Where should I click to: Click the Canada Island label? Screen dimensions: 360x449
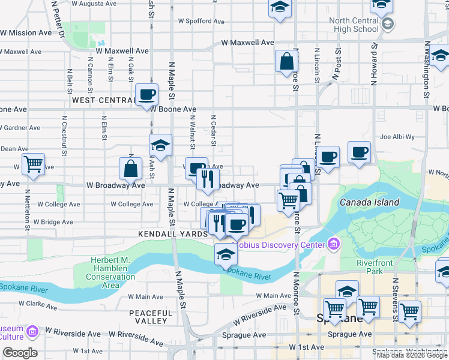[369, 202]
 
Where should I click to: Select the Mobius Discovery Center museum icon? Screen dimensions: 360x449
[333, 244]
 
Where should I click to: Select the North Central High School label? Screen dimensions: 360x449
[354, 25]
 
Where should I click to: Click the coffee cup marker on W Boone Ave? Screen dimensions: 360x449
[146, 94]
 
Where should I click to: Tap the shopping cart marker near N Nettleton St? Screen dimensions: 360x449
[33, 163]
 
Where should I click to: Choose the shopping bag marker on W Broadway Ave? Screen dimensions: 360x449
[130, 168]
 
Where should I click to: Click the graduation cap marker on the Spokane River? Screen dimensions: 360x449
[226, 254]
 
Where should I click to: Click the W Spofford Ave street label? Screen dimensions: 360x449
[202, 21]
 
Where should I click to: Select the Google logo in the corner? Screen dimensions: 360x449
[20, 353]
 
